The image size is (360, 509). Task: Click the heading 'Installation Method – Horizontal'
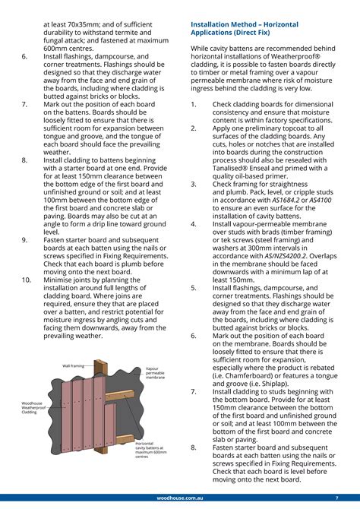click(252, 24)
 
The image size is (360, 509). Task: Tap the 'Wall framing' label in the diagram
click(73, 365)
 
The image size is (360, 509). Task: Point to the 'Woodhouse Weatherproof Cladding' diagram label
click(33, 408)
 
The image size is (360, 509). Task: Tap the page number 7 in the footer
click(336, 498)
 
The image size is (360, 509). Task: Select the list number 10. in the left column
click(26, 280)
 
